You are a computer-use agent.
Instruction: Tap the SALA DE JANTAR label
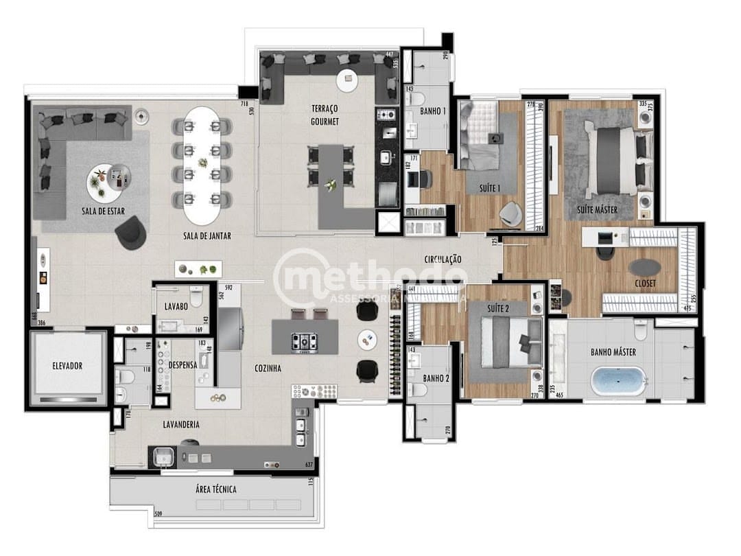point(207,236)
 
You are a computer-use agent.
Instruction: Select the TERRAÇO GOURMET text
point(324,115)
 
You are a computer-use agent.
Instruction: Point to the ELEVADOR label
point(67,366)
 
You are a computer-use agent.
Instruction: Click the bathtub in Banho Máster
point(619,380)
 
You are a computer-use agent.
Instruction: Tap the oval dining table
point(202,163)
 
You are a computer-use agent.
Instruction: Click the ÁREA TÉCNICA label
point(215,489)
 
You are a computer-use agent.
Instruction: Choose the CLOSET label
point(645,283)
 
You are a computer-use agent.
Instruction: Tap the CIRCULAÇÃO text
point(443,259)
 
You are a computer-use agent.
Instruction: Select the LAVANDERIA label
point(180,425)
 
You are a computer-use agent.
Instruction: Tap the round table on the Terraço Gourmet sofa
point(346,81)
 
